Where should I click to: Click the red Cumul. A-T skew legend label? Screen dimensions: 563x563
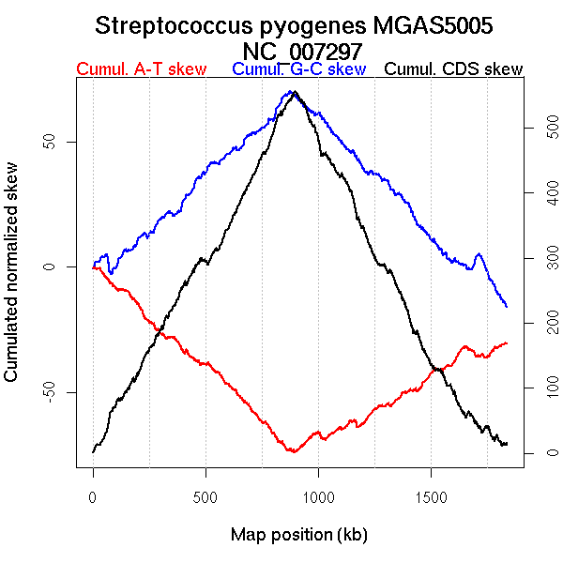pyautogui.click(x=141, y=69)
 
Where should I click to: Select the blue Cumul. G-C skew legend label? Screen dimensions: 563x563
pyautogui.click(x=298, y=69)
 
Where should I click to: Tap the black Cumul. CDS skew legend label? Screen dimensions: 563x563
pyautogui.click(x=454, y=69)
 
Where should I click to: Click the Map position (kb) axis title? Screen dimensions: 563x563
pyautogui.click(x=298, y=536)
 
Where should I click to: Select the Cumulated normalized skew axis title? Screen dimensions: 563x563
pyautogui.click(x=12, y=282)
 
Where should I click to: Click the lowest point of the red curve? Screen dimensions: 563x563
pyautogui.click(x=295, y=451)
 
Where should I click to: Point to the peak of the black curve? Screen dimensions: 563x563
pyautogui.click(x=295, y=92)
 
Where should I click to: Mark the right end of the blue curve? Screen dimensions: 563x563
pyautogui.click(x=507, y=307)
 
